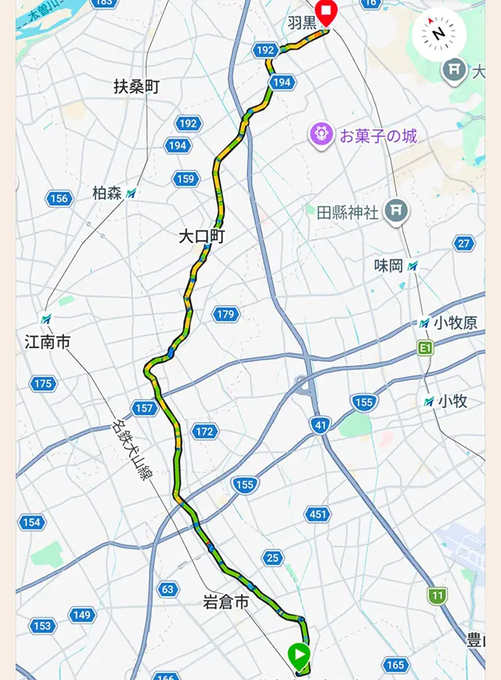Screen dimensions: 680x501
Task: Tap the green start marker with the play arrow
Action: [299, 653]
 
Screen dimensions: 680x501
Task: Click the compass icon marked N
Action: [439, 33]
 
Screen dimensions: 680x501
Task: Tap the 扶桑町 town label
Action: [136, 87]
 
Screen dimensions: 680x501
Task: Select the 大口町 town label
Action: [201, 236]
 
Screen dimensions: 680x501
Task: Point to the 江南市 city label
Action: [48, 342]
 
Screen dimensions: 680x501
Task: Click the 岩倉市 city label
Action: [225, 602]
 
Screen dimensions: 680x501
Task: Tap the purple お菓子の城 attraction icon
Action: [322, 135]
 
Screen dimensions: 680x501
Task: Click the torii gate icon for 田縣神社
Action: [397, 211]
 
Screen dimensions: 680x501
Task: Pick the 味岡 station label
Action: [387, 266]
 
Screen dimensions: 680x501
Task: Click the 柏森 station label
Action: [107, 194]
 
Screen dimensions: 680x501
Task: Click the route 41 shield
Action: [319, 425]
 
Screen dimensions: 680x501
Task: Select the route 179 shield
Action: [225, 314]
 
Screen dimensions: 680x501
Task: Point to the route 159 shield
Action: [185, 179]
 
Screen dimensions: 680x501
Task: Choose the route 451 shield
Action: [317, 514]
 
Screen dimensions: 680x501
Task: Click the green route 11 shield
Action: [437, 595]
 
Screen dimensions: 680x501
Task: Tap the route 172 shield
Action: [204, 432]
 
